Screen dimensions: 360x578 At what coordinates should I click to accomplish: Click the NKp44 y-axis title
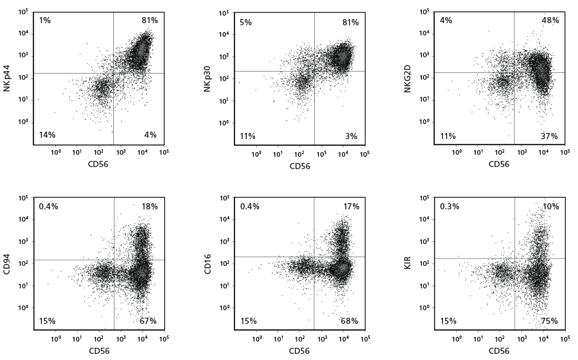pyautogui.click(x=7, y=79)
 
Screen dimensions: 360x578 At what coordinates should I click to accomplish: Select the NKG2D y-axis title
pyautogui.click(x=408, y=79)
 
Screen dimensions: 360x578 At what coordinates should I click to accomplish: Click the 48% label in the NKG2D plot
pyautogui.click(x=550, y=20)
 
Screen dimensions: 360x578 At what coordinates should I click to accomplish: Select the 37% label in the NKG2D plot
pyautogui.click(x=550, y=136)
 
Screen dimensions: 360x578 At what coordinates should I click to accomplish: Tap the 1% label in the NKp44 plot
pyautogui.click(x=45, y=20)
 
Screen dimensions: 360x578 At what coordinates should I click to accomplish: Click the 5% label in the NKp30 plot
pyautogui.click(x=245, y=22)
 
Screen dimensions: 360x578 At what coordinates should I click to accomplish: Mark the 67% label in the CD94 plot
pyautogui.click(x=149, y=321)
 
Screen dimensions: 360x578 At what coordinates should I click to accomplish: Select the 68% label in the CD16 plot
pyautogui.click(x=349, y=321)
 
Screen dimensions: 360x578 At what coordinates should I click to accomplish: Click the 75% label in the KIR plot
pyautogui.click(x=550, y=321)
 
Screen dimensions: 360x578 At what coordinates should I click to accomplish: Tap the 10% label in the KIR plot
pyautogui.click(x=550, y=207)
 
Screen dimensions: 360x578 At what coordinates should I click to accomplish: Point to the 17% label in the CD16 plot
pyautogui.click(x=349, y=207)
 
